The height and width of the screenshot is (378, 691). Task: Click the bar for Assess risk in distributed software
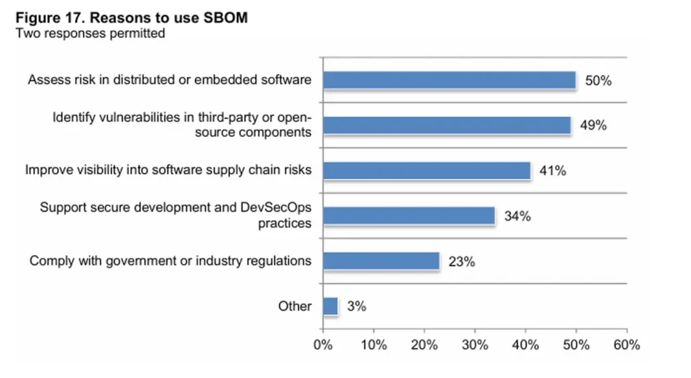(x=449, y=80)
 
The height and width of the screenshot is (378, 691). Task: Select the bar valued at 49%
(x=447, y=125)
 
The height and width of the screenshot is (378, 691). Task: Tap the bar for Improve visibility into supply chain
(x=427, y=171)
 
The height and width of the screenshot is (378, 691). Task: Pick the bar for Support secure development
(x=409, y=216)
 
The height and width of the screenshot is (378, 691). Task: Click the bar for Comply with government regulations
(x=381, y=261)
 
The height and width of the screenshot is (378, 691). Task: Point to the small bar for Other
(x=331, y=306)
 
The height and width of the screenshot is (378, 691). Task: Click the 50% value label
(x=598, y=81)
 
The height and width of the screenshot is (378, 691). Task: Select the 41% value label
(x=553, y=171)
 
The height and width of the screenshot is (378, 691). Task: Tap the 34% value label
(x=518, y=217)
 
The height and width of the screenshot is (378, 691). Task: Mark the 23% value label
(x=462, y=262)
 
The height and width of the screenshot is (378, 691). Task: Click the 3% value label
(x=356, y=306)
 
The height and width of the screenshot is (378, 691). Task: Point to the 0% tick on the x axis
(x=323, y=345)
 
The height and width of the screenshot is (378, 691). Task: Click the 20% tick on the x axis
(x=424, y=345)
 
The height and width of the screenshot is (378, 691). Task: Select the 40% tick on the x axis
(x=526, y=345)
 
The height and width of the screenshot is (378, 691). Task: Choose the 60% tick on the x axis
(x=627, y=345)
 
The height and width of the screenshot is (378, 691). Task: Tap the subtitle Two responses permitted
(x=90, y=33)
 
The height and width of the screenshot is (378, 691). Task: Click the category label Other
(x=295, y=306)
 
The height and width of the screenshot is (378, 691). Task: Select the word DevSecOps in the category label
(x=275, y=208)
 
